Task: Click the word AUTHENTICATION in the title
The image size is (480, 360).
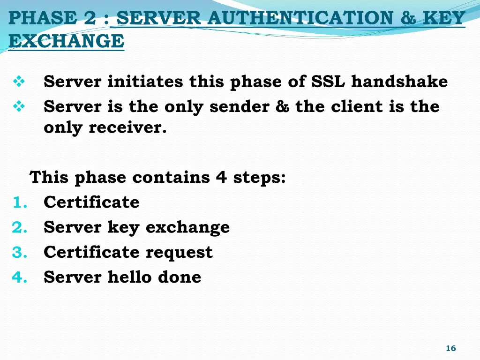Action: tap(300, 18)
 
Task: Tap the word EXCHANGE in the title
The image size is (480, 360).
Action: tap(66, 41)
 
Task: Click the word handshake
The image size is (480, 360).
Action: tap(399, 82)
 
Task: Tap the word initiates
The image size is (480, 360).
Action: tap(145, 82)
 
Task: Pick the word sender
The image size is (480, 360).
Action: tap(239, 107)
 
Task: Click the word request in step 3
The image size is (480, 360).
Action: tap(179, 253)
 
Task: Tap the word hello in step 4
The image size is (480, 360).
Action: tap(130, 277)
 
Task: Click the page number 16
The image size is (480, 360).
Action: tap(450, 348)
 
